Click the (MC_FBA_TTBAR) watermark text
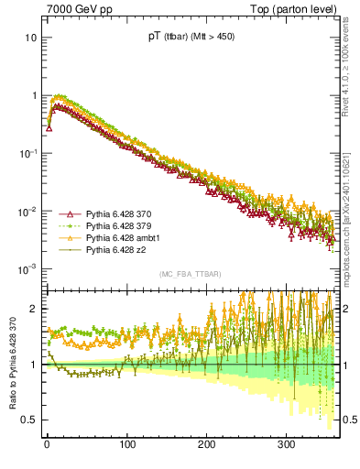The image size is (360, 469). (x=187, y=275)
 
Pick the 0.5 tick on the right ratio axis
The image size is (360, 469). (x=347, y=420)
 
